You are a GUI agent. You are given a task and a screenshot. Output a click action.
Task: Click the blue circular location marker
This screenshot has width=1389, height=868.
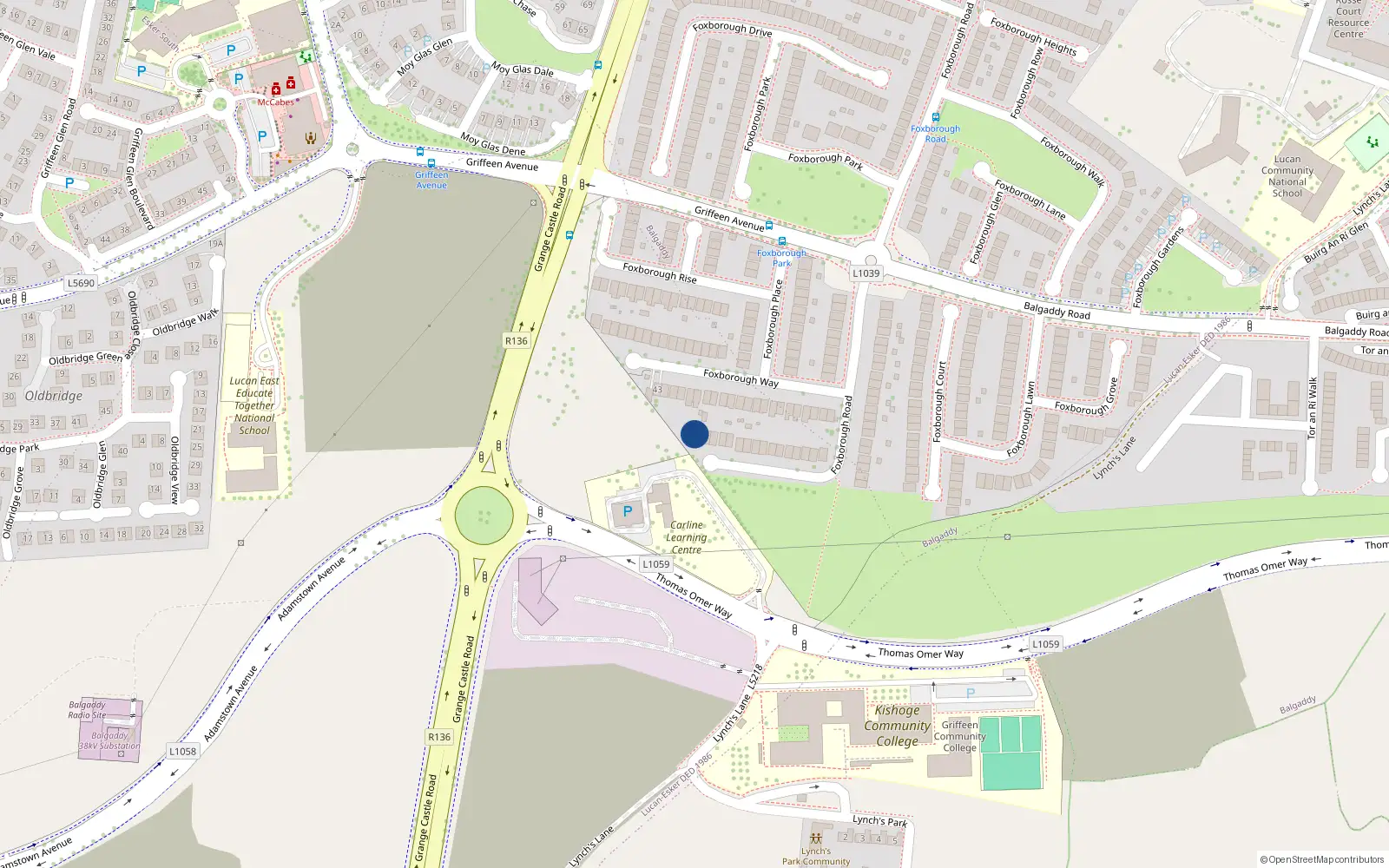(694, 434)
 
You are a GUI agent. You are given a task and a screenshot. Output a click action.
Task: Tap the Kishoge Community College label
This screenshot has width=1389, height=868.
(897, 726)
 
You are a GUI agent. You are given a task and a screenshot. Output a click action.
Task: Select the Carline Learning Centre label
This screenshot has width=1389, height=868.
(686, 537)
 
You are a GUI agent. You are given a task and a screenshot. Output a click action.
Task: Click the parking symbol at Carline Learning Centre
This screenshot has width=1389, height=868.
(628, 511)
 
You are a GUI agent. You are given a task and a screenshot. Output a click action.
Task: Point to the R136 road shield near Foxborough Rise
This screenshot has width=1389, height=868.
(517, 341)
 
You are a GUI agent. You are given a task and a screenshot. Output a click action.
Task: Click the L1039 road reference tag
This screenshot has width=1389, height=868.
(866, 273)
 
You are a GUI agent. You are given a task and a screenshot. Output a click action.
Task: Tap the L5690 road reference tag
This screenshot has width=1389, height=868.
(81, 283)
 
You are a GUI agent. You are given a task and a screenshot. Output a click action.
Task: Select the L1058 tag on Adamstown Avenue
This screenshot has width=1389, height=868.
(182, 752)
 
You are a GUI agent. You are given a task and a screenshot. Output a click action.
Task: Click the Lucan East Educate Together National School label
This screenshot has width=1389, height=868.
(254, 405)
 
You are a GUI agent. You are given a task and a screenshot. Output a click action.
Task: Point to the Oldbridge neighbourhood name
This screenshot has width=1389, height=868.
(54, 396)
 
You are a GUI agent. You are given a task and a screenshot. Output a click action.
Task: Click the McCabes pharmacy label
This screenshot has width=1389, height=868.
(275, 102)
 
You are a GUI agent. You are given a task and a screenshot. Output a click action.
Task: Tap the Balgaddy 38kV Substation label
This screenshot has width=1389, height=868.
(109, 740)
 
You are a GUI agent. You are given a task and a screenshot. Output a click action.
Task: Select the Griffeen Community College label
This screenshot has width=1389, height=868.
(959, 736)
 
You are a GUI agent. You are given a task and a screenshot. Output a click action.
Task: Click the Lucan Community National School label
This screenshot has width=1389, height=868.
(1287, 176)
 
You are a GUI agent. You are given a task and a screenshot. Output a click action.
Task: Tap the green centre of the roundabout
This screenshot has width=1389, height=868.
(484, 515)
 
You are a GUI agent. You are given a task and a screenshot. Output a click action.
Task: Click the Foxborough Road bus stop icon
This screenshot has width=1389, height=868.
(935, 117)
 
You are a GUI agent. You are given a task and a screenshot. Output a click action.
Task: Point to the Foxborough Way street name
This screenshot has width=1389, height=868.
(741, 378)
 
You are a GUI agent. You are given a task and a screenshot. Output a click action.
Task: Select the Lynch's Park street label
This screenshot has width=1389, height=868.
(879, 820)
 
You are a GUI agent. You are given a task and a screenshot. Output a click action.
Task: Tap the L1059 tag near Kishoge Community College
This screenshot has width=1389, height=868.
(1045, 644)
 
